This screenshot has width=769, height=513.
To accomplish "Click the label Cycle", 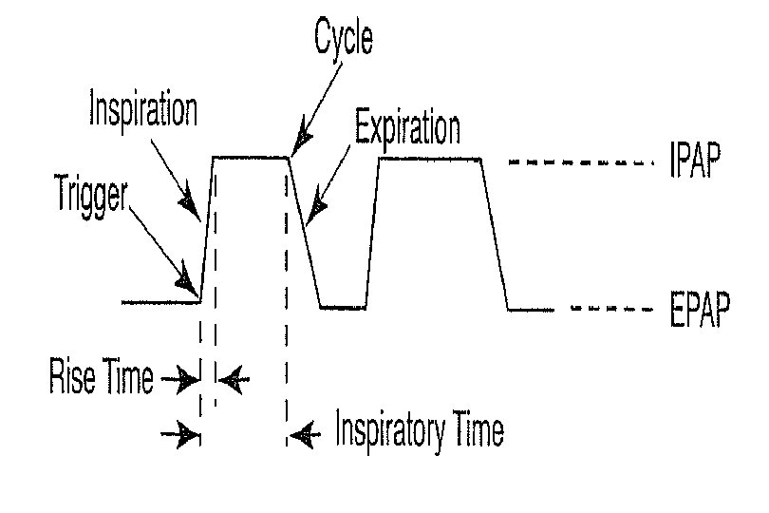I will click(x=344, y=41).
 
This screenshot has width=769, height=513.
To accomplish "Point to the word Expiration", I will click(x=406, y=127).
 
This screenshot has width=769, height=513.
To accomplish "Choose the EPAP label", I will click(x=694, y=311).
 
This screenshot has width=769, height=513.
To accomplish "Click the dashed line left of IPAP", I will click(x=578, y=163).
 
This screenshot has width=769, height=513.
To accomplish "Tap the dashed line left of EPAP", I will click(x=609, y=310).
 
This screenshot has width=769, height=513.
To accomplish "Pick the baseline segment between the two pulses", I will click(x=343, y=307).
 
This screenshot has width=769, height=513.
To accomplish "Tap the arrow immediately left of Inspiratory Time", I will click(x=303, y=435).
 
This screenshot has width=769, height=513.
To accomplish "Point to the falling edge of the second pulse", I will click(x=496, y=234).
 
